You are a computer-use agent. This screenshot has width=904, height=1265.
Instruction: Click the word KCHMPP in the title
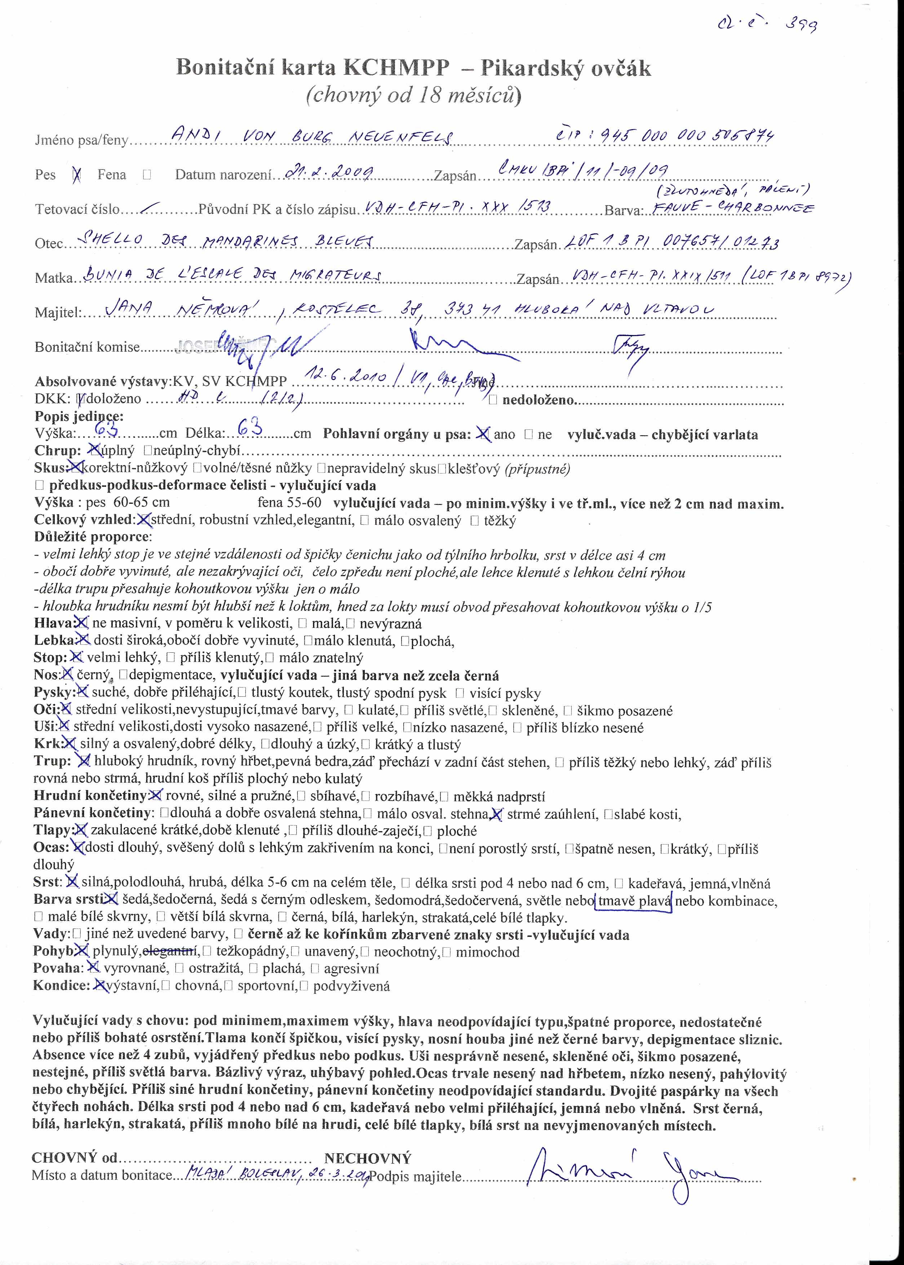(x=397, y=68)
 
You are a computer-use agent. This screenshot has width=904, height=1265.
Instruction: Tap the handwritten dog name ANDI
(x=192, y=135)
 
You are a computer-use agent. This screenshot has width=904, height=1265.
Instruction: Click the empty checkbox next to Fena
(x=146, y=174)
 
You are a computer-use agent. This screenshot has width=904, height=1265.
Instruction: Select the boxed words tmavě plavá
(x=633, y=900)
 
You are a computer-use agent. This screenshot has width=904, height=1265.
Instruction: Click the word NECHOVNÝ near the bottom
(x=367, y=1159)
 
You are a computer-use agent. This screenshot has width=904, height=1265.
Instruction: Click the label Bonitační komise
(x=87, y=347)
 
